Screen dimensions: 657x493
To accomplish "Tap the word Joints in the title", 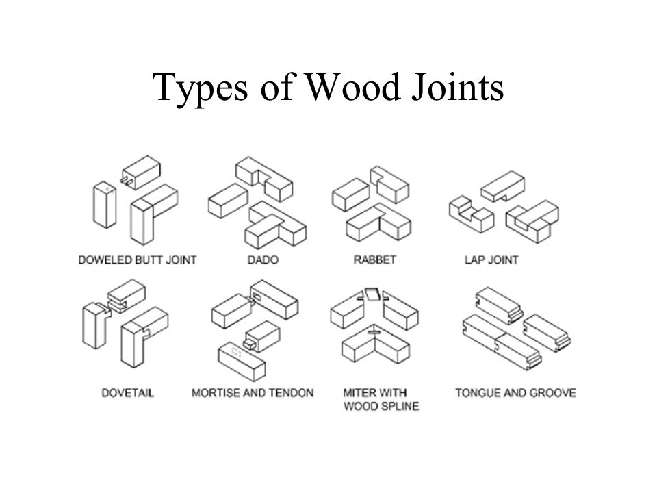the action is point(457,87).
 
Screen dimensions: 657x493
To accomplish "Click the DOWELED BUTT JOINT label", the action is point(138,260).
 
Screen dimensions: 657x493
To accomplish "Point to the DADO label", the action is point(263,260).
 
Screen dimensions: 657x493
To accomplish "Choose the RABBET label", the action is point(374,260).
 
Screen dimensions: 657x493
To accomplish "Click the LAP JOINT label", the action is point(491,260).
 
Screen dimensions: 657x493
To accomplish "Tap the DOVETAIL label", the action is point(128,393).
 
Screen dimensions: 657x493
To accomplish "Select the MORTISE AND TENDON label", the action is point(253,393).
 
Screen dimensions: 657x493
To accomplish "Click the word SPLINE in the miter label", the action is point(399,406).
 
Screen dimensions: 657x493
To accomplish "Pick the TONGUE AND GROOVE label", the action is point(516,393).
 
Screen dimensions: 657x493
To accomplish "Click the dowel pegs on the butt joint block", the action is point(125,181).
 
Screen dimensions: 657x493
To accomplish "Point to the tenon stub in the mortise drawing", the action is point(249,343).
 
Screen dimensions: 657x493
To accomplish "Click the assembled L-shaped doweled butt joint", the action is point(154,214).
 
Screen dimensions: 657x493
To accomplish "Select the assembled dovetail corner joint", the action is point(144,337).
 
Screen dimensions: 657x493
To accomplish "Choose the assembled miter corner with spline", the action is point(375,344).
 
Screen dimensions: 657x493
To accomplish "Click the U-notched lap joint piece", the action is point(472,214).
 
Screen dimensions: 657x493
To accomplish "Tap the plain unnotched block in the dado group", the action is point(228,201).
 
